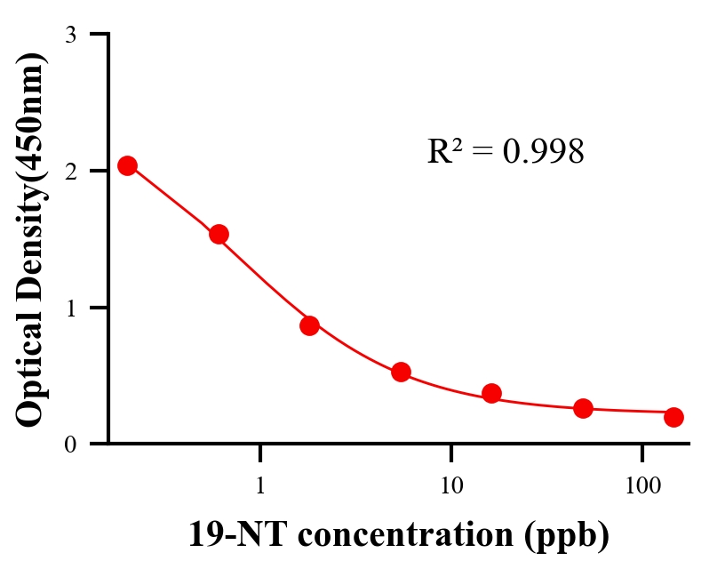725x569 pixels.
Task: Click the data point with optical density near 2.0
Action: tap(127, 165)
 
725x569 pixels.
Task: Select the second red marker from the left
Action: tap(219, 234)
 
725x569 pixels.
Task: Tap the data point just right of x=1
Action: tap(309, 325)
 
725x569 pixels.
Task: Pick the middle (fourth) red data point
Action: tap(401, 372)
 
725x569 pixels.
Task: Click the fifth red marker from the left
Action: tap(491, 393)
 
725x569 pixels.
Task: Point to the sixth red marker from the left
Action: tap(583, 408)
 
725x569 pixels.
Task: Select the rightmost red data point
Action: tap(673, 417)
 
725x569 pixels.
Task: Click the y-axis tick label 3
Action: tap(70, 35)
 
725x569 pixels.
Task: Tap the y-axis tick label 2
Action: tap(70, 172)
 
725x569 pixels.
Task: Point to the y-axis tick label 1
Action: tap(70, 309)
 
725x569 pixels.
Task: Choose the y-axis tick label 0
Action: tap(70, 445)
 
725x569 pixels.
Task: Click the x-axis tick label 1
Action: tap(260, 486)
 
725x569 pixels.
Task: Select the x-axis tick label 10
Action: tap(451, 486)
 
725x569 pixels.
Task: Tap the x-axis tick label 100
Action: tap(642, 486)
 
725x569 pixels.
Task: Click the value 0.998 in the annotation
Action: tap(543, 152)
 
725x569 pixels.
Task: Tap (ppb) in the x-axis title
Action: tap(567, 536)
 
